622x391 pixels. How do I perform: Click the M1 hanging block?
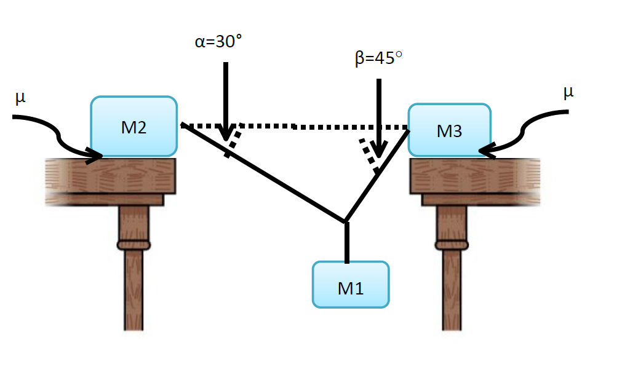[351, 284]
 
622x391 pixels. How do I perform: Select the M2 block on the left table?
[134, 126]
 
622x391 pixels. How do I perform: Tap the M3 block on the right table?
[449, 130]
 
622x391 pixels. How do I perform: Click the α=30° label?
[215, 42]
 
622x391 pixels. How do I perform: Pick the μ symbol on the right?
[568, 92]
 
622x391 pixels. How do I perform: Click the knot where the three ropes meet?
[346, 221]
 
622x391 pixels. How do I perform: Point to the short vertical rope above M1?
[346, 243]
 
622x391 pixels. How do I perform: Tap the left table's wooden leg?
[134, 277]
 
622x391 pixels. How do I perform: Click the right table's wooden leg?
[452, 277]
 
